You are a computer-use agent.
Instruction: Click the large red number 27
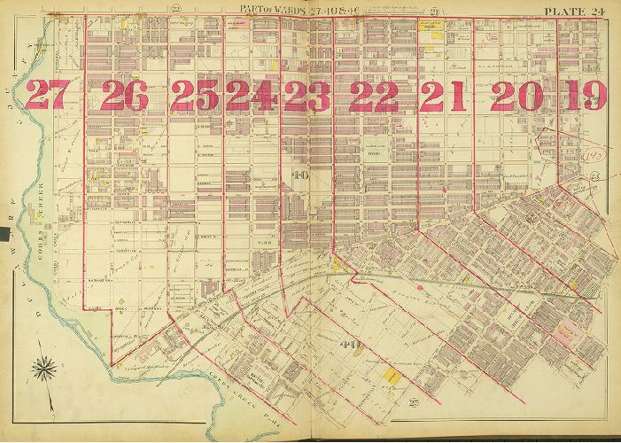point(45,95)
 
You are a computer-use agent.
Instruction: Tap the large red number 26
point(124,95)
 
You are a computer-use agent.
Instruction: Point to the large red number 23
point(307,95)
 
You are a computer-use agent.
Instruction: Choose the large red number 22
point(373,95)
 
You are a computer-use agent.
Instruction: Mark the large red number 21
point(444,95)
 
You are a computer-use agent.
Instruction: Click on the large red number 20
point(515,95)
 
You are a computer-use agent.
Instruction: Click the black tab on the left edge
point(4,234)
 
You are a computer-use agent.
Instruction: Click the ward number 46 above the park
point(299,175)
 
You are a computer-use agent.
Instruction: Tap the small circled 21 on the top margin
point(462,9)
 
